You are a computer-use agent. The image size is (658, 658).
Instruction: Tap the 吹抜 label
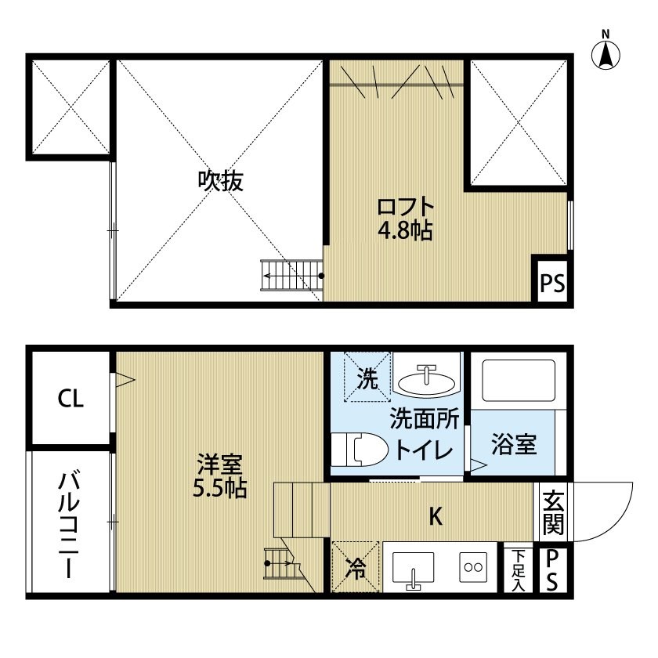pyautogui.click(x=220, y=181)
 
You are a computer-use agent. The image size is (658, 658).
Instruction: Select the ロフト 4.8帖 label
pyautogui.click(x=405, y=219)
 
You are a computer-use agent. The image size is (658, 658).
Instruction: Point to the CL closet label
pyautogui.click(x=70, y=398)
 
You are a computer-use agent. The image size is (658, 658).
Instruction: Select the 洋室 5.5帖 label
pyautogui.click(x=219, y=475)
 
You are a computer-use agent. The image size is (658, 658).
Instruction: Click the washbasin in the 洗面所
pyautogui.click(x=426, y=381)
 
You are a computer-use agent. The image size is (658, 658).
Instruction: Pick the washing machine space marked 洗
pyautogui.click(x=367, y=377)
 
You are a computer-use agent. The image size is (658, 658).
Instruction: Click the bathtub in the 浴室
pyautogui.click(x=519, y=381)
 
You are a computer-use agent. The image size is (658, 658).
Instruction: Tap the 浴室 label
pyautogui.click(x=514, y=444)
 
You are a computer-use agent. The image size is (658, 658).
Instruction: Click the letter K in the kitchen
pyautogui.click(x=436, y=516)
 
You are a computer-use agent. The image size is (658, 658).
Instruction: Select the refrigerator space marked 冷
pyautogui.click(x=356, y=567)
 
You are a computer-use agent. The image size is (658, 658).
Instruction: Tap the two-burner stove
pyautogui.click(x=473, y=567)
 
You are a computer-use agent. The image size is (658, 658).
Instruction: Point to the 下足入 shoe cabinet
pyautogui.click(x=519, y=569)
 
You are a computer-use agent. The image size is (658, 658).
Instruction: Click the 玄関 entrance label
pyautogui.click(x=553, y=512)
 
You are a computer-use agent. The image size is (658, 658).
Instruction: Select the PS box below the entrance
pyautogui.click(x=552, y=570)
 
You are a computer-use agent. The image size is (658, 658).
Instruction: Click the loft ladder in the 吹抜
pyautogui.click(x=292, y=275)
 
